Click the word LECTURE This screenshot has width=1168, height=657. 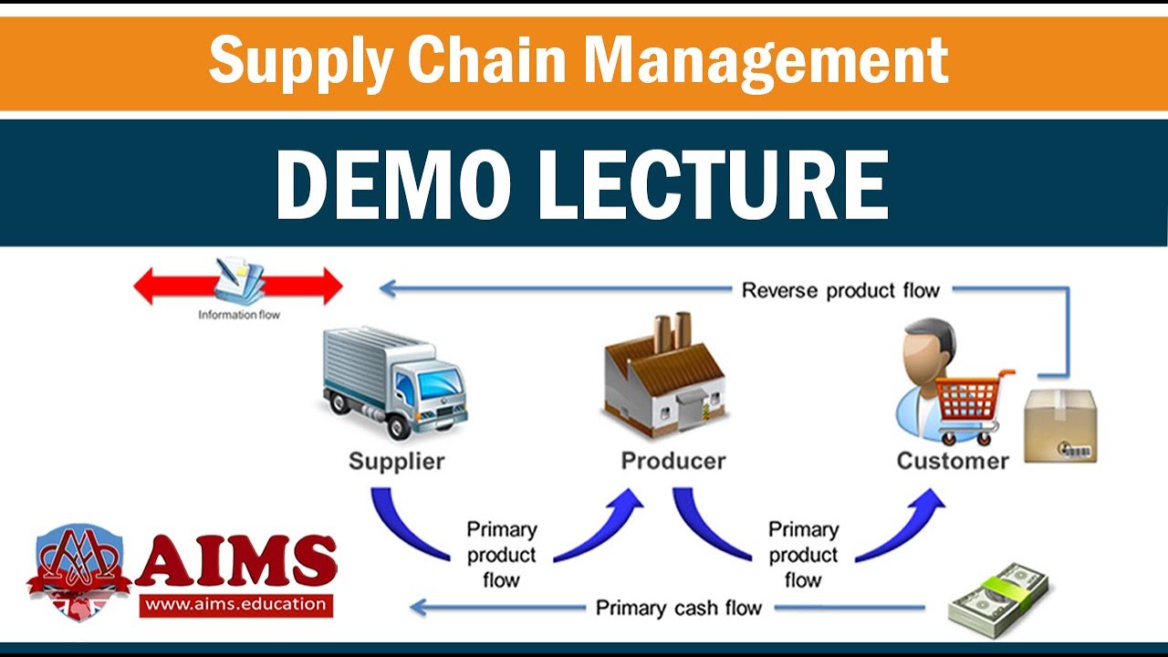pos(713,184)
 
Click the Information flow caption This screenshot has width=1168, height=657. pos(239,316)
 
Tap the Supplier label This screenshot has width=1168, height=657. pos(397,460)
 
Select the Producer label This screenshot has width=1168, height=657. pos(673,460)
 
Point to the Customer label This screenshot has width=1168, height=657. pos(953,460)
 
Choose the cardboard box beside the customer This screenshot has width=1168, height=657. pos(1059,425)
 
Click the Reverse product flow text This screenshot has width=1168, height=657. pos(840,291)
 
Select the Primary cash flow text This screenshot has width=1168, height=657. pos(679,608)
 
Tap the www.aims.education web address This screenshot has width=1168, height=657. pos(235,603)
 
